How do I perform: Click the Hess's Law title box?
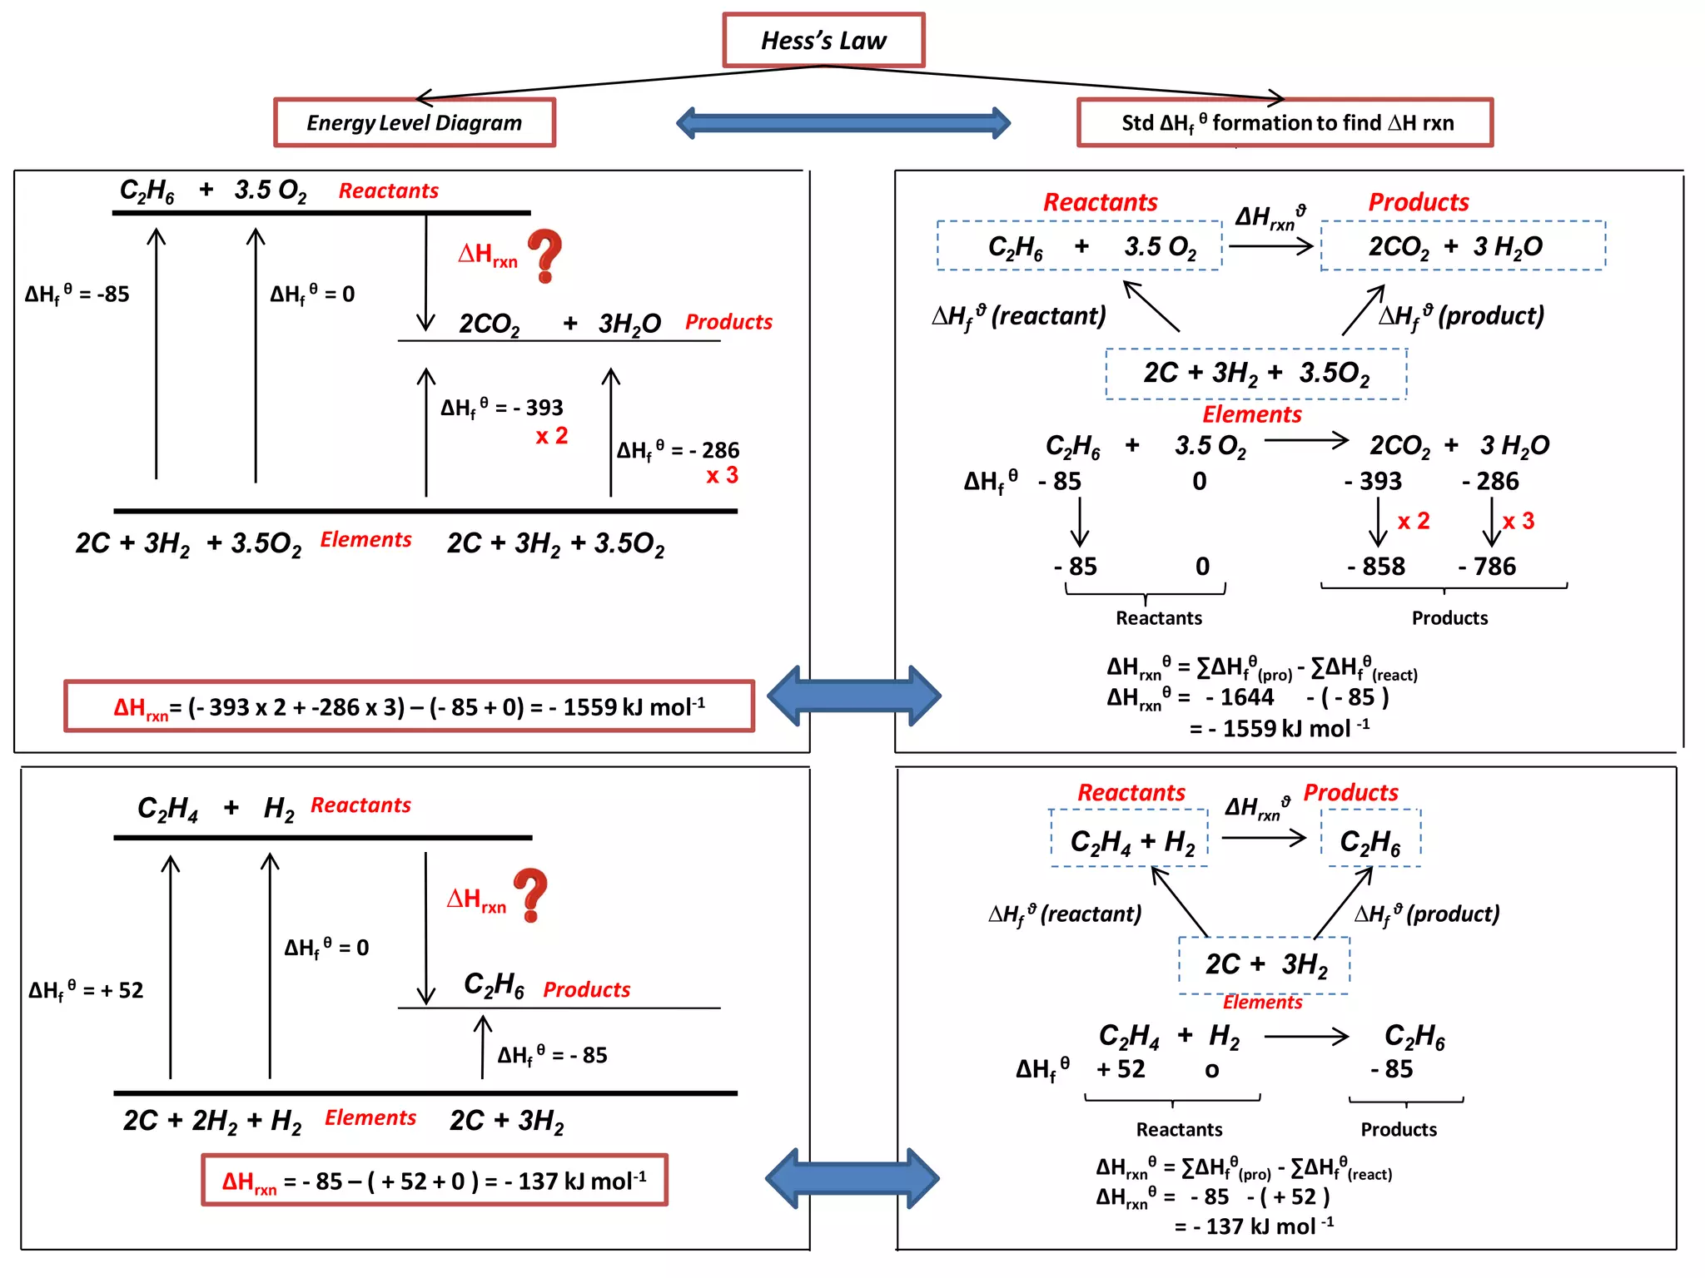pos(823,40)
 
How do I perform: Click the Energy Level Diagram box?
pos(414,123)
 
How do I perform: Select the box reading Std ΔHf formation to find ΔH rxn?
pos(1285,123)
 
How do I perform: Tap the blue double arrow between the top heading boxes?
pos(843,123)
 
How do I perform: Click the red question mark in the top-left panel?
pos(544,256)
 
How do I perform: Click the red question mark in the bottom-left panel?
pos(530,894)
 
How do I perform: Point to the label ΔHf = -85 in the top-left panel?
pos(77,294)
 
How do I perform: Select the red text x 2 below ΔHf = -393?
pos(551,435)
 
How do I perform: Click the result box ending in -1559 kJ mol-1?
pos(409,706)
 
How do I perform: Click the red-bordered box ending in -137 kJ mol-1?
pos(434,1180)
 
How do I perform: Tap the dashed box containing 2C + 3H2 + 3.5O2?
pos(1255,374)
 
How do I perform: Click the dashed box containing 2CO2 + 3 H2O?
pos(1462,245)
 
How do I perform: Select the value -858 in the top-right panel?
pos(1375,567)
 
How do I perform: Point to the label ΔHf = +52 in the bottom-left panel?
pos(86,990)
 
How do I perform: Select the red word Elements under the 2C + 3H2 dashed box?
pos(1261,1003)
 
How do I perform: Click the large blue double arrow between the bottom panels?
pos(852,1178)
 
